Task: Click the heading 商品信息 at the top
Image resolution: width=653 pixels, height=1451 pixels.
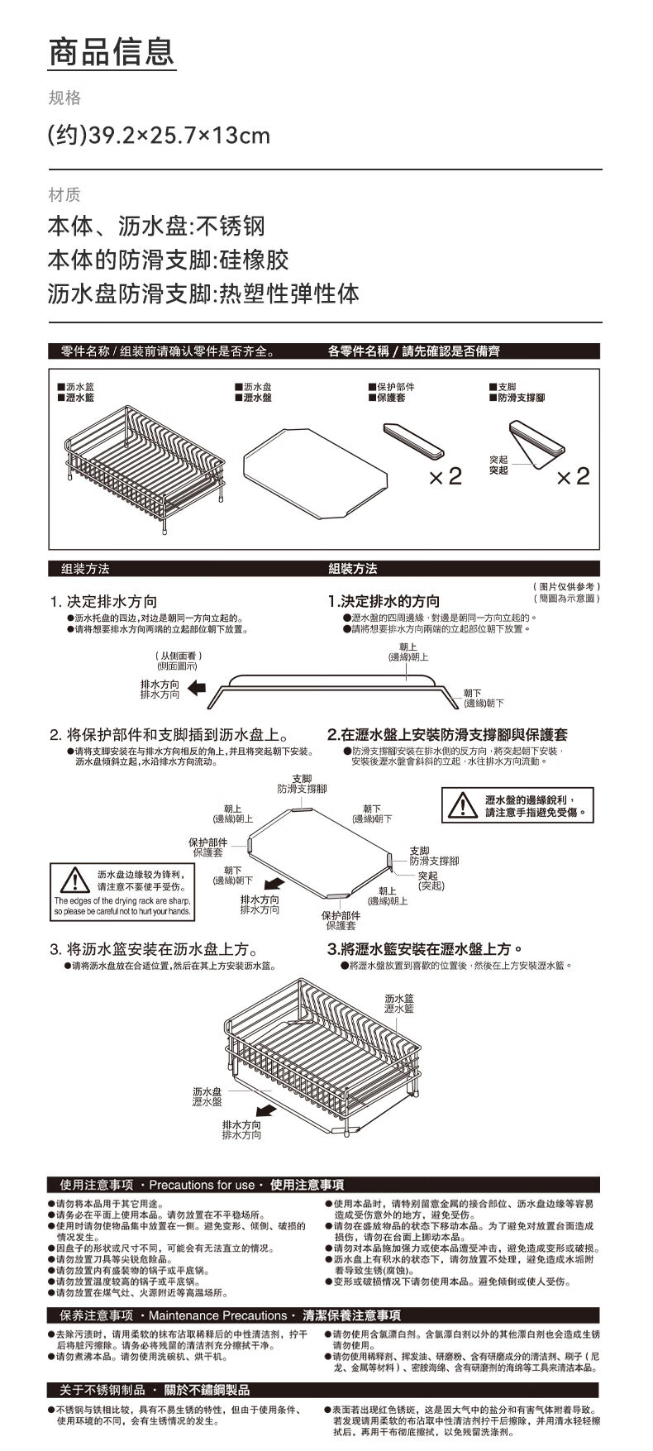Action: [112, 51]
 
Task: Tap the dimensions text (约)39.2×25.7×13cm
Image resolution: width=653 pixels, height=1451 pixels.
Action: [159, 135]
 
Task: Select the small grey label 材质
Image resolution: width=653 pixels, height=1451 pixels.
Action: [64, 194]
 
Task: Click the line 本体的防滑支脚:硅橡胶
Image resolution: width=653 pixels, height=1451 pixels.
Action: [168, 260]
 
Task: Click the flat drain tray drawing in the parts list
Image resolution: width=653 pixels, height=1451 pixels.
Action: [315, 471]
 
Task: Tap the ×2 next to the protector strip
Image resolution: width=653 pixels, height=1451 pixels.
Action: [445, 476]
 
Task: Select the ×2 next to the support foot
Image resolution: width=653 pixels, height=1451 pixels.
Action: [573, 476]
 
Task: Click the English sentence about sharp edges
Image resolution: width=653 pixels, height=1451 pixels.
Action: [122, 905]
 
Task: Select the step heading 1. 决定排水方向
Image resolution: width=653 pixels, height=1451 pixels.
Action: [103, 601]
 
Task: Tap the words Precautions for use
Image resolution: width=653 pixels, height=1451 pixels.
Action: [202, 1185]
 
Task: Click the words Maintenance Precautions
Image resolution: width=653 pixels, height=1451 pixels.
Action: [217, 1315]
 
